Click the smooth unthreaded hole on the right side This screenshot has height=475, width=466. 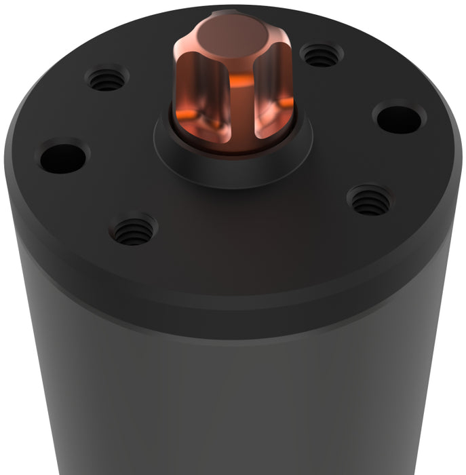[399, 118]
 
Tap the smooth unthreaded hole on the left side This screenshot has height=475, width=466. [63, 157]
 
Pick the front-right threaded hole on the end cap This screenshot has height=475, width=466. [370, 200]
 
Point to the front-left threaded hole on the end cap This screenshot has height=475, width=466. [133, 230]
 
